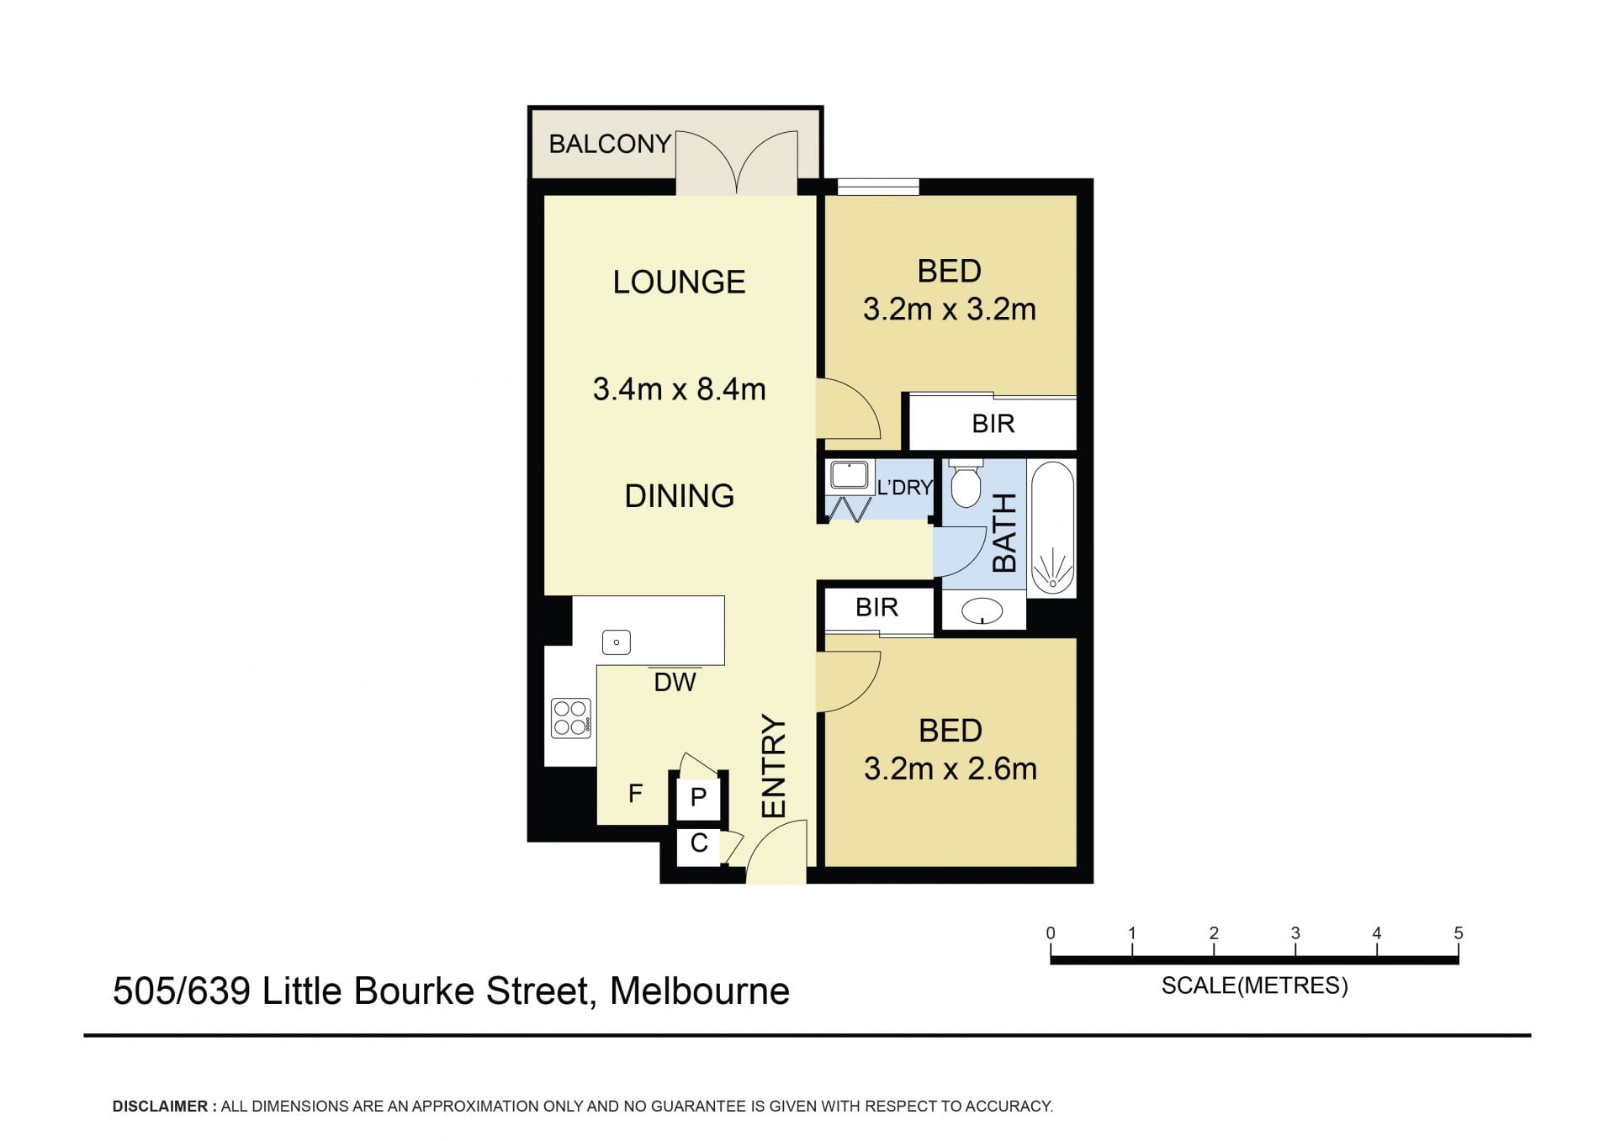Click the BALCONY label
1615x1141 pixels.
click(610, 144)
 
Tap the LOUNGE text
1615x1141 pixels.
click(679, 282)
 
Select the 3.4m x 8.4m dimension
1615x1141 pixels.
click(679, 389)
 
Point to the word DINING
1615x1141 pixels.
click(679, 496)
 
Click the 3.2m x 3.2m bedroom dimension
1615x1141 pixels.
click(949, 309)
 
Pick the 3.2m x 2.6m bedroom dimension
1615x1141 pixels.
click(950, 769)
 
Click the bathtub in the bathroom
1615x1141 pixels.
click(1052, 528)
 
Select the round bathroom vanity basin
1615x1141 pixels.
click(982, 610)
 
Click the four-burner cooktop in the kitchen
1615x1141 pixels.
click(570, 719)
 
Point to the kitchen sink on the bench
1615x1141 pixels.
click(617, 643)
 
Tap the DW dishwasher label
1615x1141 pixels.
click(675, 682)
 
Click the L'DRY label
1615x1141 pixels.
click(904, 488)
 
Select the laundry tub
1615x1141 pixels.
click(850, 476)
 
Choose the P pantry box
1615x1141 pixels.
click(698, 797)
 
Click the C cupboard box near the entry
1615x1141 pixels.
click(698, 843)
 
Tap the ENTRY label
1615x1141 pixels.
click(774, 766)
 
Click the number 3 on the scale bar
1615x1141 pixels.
click(1295, 933)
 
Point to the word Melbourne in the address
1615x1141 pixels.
click(700, 991)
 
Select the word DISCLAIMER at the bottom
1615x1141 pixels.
click(160, 1107)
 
